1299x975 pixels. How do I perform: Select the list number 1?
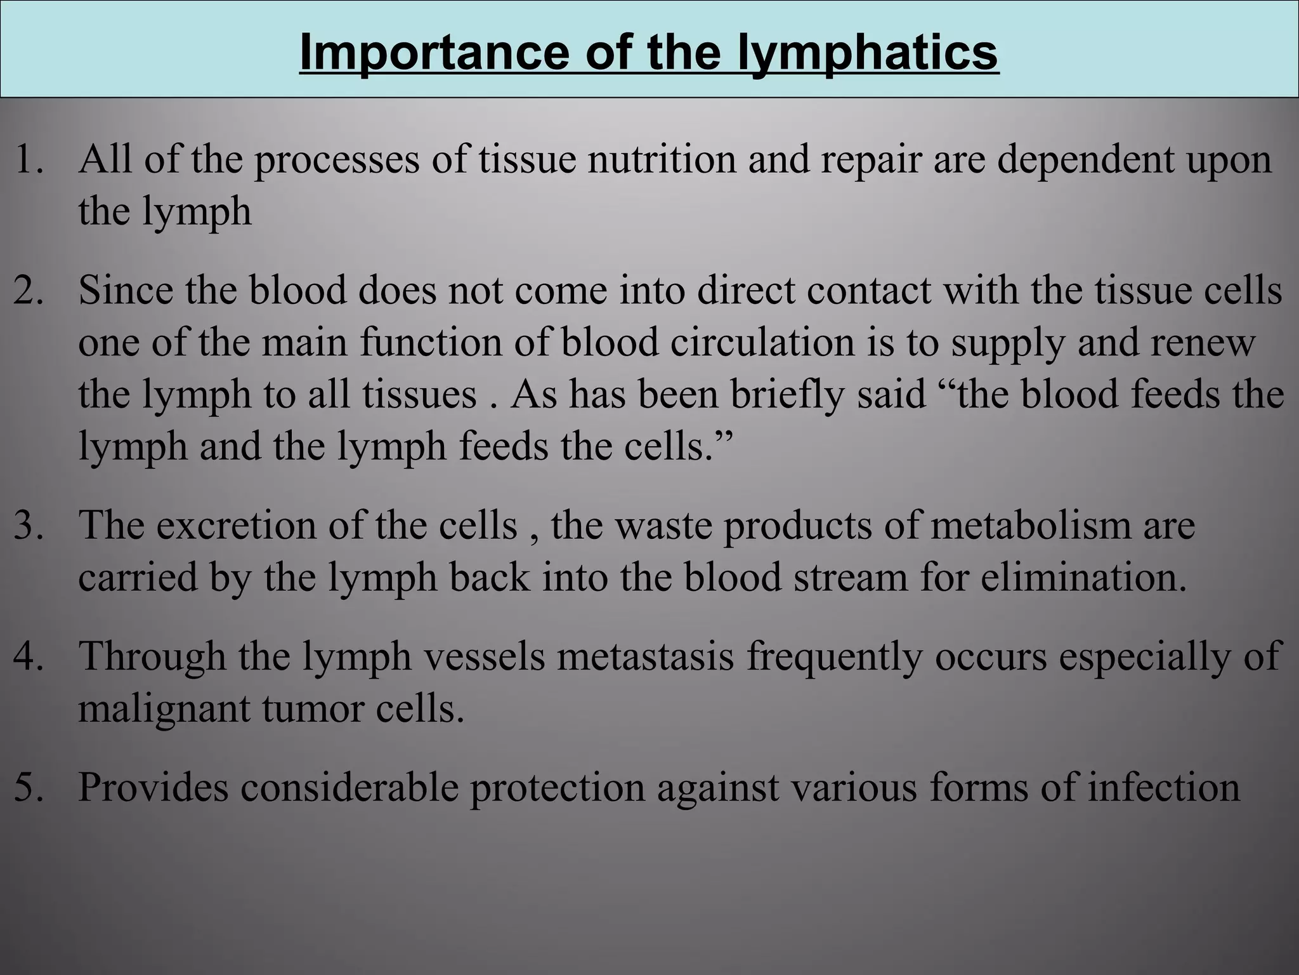point(28,159)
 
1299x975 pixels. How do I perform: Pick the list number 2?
point(29,290)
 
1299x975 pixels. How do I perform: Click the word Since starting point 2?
point(126,290)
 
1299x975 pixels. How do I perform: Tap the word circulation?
point(762,342)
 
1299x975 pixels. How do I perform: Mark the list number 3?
point(29,526)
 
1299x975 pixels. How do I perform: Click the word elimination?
point(1083,578)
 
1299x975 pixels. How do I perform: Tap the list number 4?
point(29,656)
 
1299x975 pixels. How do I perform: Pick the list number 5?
point(29,787)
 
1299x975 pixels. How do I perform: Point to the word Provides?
point(153,787)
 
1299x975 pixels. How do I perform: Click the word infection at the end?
point(1164,787)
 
